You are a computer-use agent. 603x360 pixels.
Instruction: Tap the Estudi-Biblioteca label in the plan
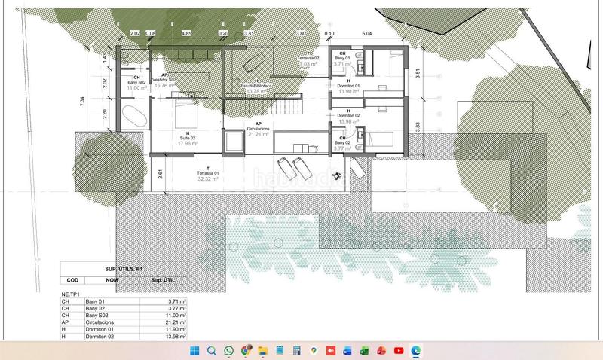point(257,86)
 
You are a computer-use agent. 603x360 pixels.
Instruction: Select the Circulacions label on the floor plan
point(258,129)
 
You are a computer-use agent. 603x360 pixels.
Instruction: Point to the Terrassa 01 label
point(207,173)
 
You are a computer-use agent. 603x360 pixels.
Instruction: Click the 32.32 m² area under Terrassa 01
point(207,179)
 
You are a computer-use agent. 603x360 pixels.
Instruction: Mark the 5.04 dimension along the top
point(367,34)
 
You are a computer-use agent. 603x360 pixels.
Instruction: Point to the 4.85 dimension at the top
point(187,34)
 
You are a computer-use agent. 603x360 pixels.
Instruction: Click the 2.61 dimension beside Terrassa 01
point(161,174)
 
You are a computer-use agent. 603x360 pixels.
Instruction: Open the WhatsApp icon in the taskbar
point(228,351)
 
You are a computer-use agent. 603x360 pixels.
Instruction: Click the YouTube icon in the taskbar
point(398,351)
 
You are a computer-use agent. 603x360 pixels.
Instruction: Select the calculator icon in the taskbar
point(296,351)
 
